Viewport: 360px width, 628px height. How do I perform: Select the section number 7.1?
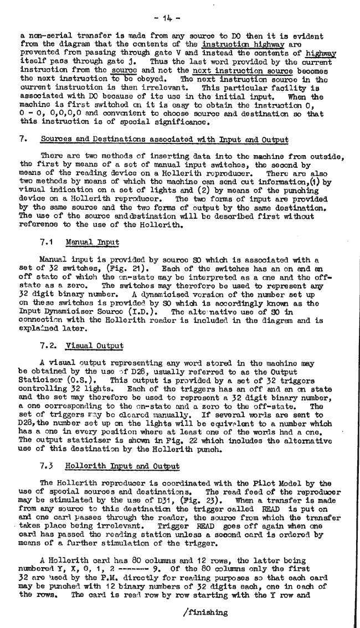click(x=47, y=242)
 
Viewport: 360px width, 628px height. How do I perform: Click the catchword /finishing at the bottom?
click(x=204, y=612)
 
